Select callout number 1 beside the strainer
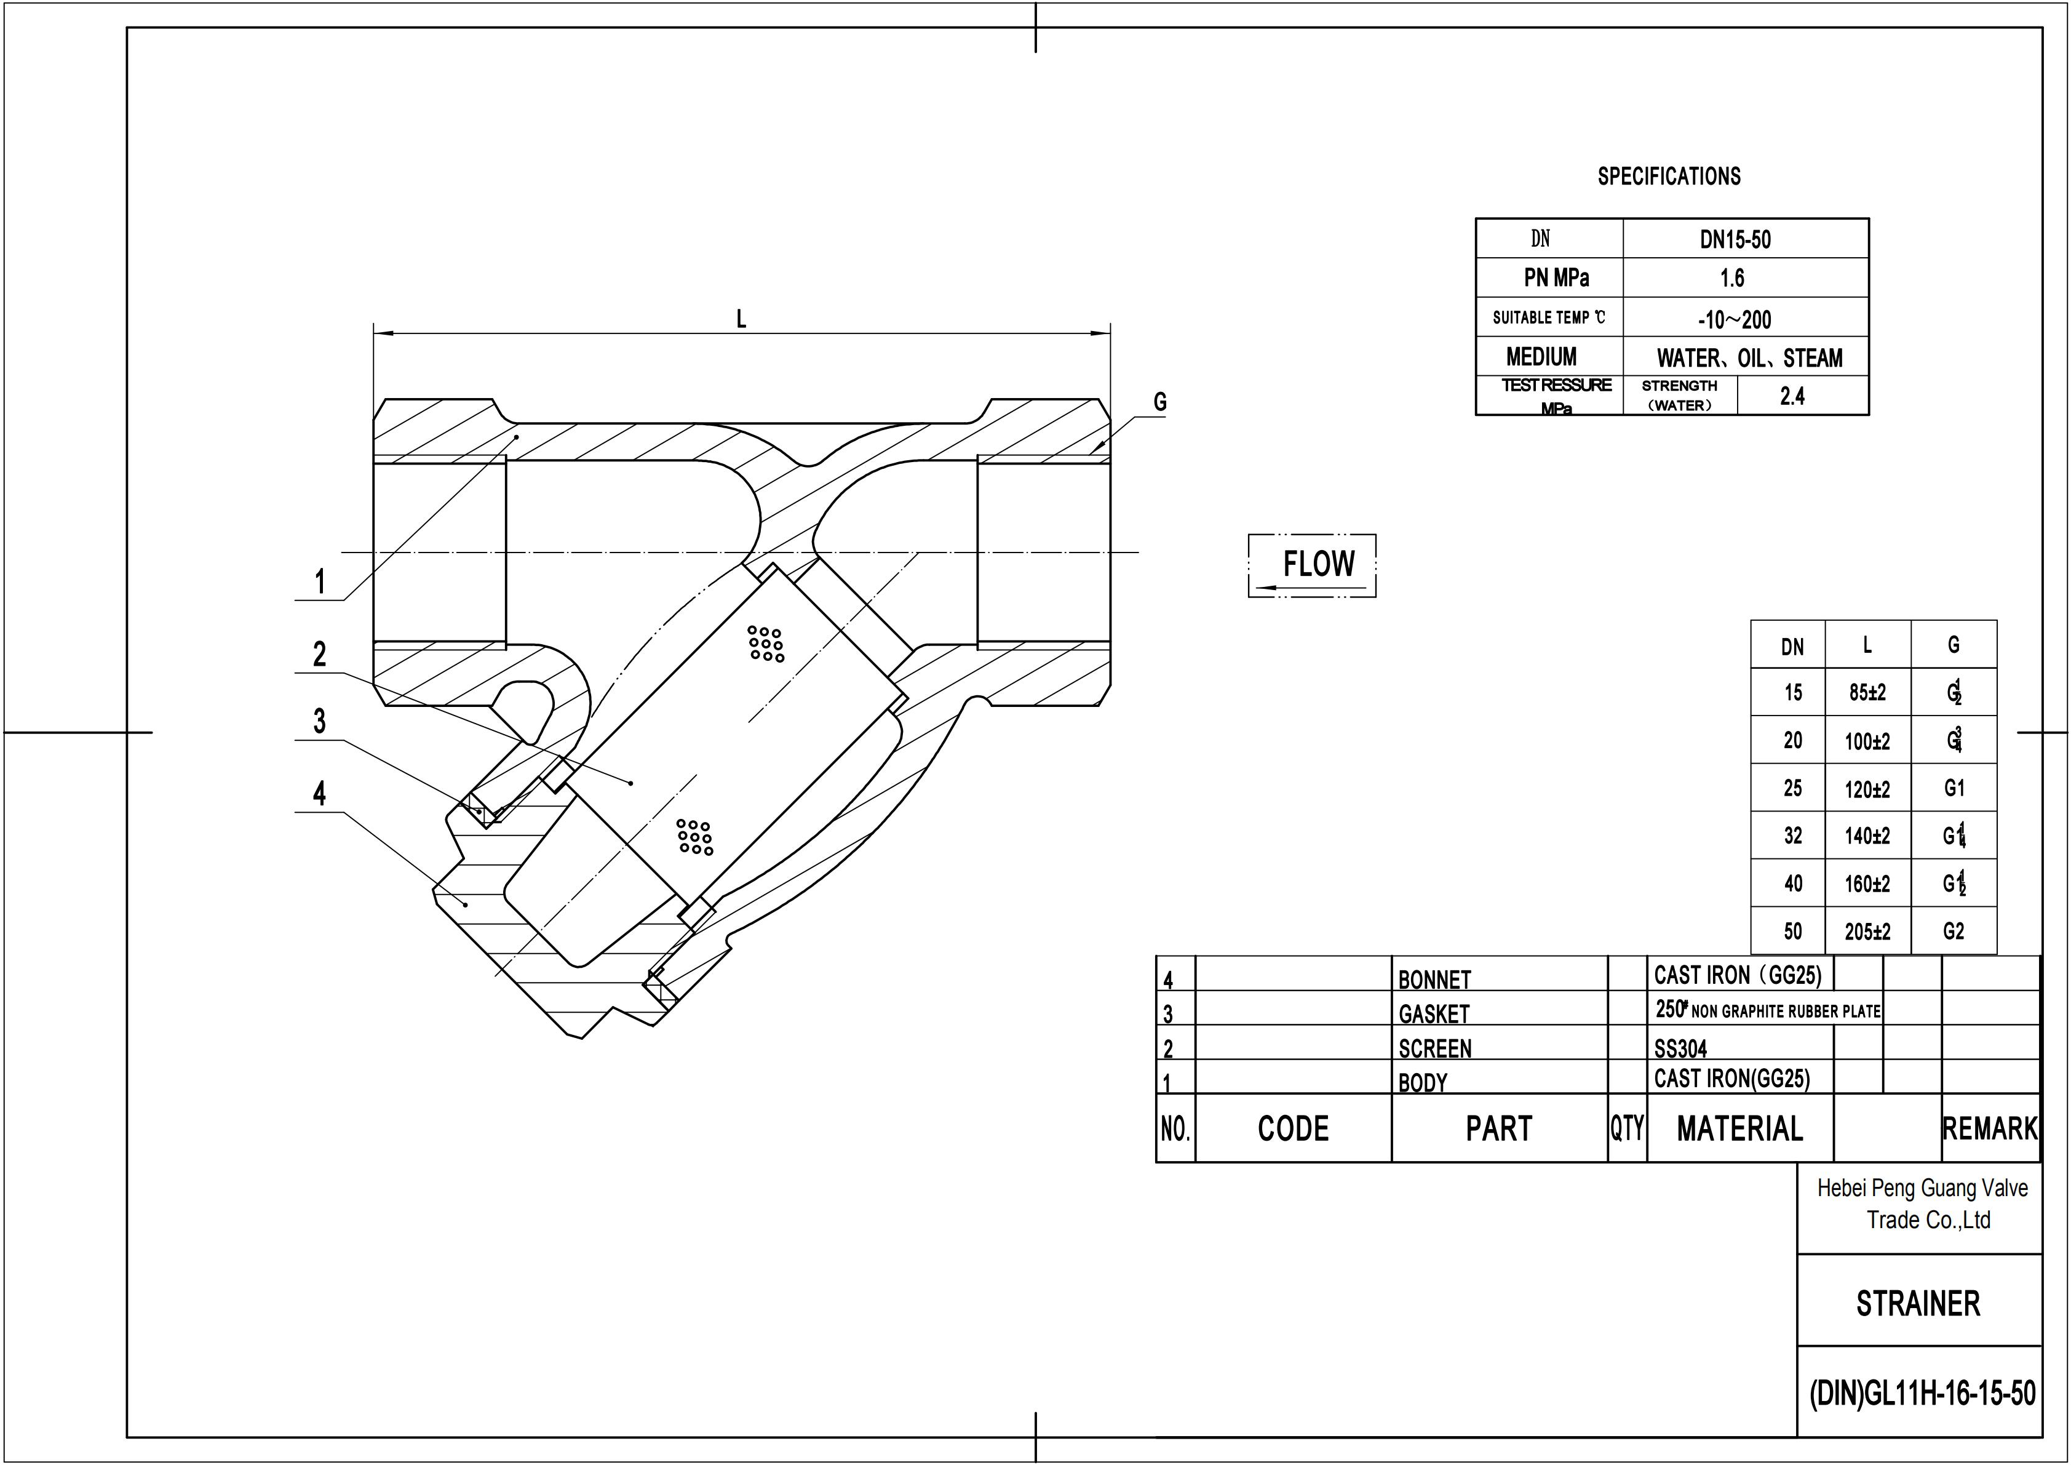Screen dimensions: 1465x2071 click(x=319, y=582)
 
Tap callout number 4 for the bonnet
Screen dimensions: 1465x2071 click(x=319, y=794)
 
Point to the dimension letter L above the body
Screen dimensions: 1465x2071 click(x=741, y=319)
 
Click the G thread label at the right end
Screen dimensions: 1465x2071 click(x=1160, y=402)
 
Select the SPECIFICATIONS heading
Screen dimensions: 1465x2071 click(x=1669, y=176)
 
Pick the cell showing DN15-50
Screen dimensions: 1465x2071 click(x=1735, y=240)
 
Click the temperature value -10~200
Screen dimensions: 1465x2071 click(x=1734, y=319)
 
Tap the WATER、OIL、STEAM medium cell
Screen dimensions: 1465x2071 click(x=1749, y=358)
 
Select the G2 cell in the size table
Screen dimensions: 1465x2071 click(x=1953, y=931)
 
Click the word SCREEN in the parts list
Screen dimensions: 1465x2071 click(x=1434, y=1048)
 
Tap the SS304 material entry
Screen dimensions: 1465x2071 click(x=1680, y=1048)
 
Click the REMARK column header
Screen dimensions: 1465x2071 click(x=1989, y=1128)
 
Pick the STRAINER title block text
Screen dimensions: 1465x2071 click(x=1918, y=1304)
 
